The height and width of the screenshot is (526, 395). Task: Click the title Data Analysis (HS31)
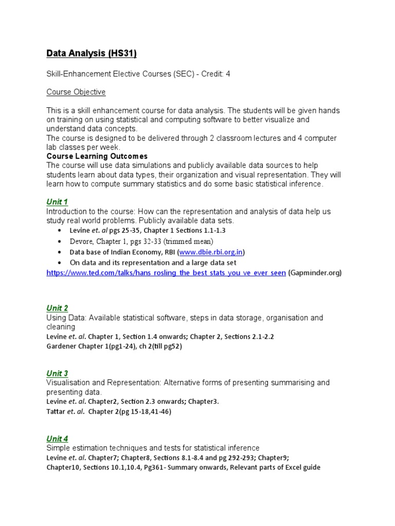[x=92, y=53]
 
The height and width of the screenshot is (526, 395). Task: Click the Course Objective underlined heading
[x=76, y=92]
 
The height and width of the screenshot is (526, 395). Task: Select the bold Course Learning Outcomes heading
[x=97, y=156]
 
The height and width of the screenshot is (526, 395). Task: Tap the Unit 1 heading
[x=57, y=201]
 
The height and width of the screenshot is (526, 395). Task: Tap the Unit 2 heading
[x=57, y=308]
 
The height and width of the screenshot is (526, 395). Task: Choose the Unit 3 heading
[x=57, y=373]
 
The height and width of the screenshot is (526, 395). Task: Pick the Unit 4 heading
[x=57, y=439]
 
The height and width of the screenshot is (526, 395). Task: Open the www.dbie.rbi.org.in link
[x=211, y=252]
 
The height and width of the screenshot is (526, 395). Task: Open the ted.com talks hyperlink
[x=166, y=273]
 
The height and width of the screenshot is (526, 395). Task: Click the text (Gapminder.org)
[x=315, y=273]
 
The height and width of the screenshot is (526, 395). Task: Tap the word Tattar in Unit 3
[x=56, y=411]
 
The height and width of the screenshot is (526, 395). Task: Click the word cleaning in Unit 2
[x=61, y=327]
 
